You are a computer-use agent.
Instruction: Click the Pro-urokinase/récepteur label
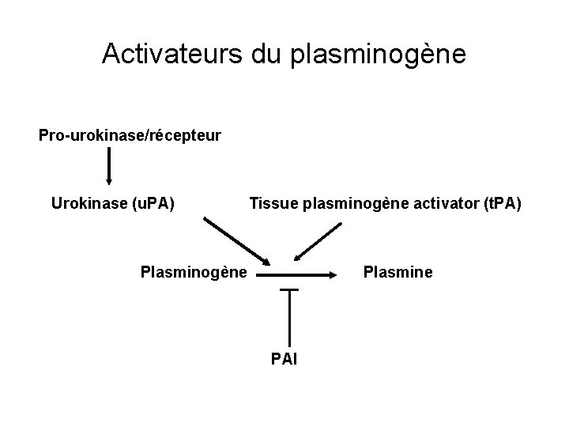130,135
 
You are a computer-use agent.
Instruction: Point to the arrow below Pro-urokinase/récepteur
108,166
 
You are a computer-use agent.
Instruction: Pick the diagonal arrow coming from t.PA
318,241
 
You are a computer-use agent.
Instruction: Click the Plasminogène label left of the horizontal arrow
194,274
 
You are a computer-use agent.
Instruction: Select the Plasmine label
398,273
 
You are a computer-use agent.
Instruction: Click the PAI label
285,360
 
